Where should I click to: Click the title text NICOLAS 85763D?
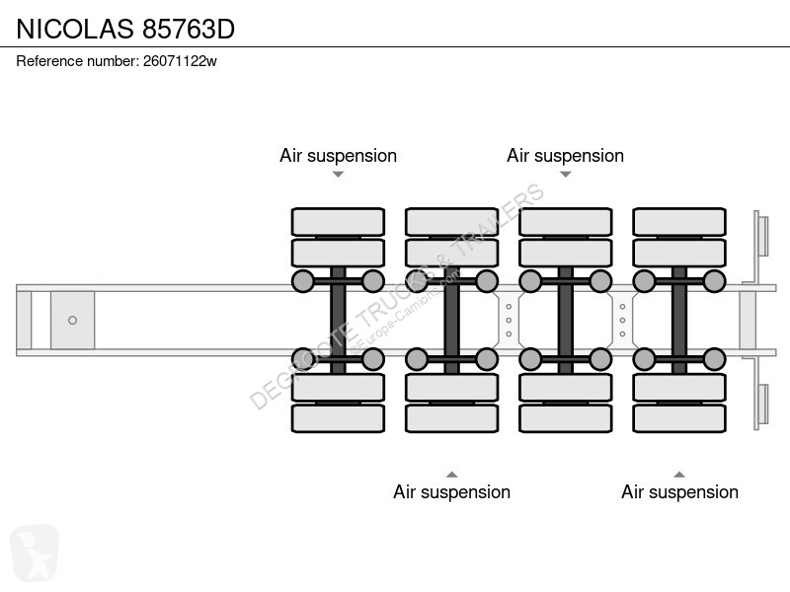point(125,29)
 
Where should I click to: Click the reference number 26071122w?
point(180,61)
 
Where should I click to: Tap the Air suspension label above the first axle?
point(338,156)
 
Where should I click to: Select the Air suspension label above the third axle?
point(565,156)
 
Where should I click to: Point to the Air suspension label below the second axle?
point(452,491)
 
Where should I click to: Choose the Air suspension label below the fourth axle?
point(679,491)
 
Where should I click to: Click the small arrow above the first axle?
point(338,175)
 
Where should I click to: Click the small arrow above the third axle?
point(565,175)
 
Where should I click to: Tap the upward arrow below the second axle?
point(452,475)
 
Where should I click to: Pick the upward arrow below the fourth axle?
point(679,475)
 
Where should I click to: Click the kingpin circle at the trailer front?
point(72,320)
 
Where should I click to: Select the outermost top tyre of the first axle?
point(338,221)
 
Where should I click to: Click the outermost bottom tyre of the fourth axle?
point(679,418)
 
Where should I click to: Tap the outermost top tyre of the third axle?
point(565,221)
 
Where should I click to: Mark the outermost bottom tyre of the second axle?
point(452,418)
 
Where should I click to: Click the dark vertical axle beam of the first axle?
point(338,320)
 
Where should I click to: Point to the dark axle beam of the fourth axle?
point(679,320)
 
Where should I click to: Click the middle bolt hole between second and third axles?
point(509,320)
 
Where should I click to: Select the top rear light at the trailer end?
point(762,236)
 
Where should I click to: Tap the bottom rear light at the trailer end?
point(762,405)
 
